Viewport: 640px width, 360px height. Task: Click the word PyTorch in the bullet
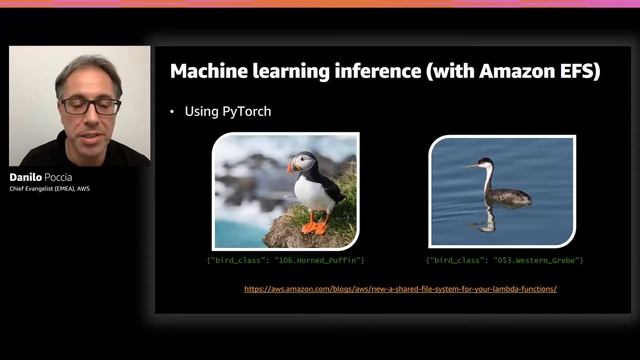coord(246,111)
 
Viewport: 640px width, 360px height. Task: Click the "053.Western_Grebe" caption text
coord(505,260)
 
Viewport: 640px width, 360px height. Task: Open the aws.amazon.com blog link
coord(400,288)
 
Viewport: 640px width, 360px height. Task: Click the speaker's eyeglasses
coord(90,104)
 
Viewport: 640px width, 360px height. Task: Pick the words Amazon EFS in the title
coord(549,71)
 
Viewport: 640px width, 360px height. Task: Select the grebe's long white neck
coord(487,180)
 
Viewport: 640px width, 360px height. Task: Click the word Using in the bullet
coord(202,111)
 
